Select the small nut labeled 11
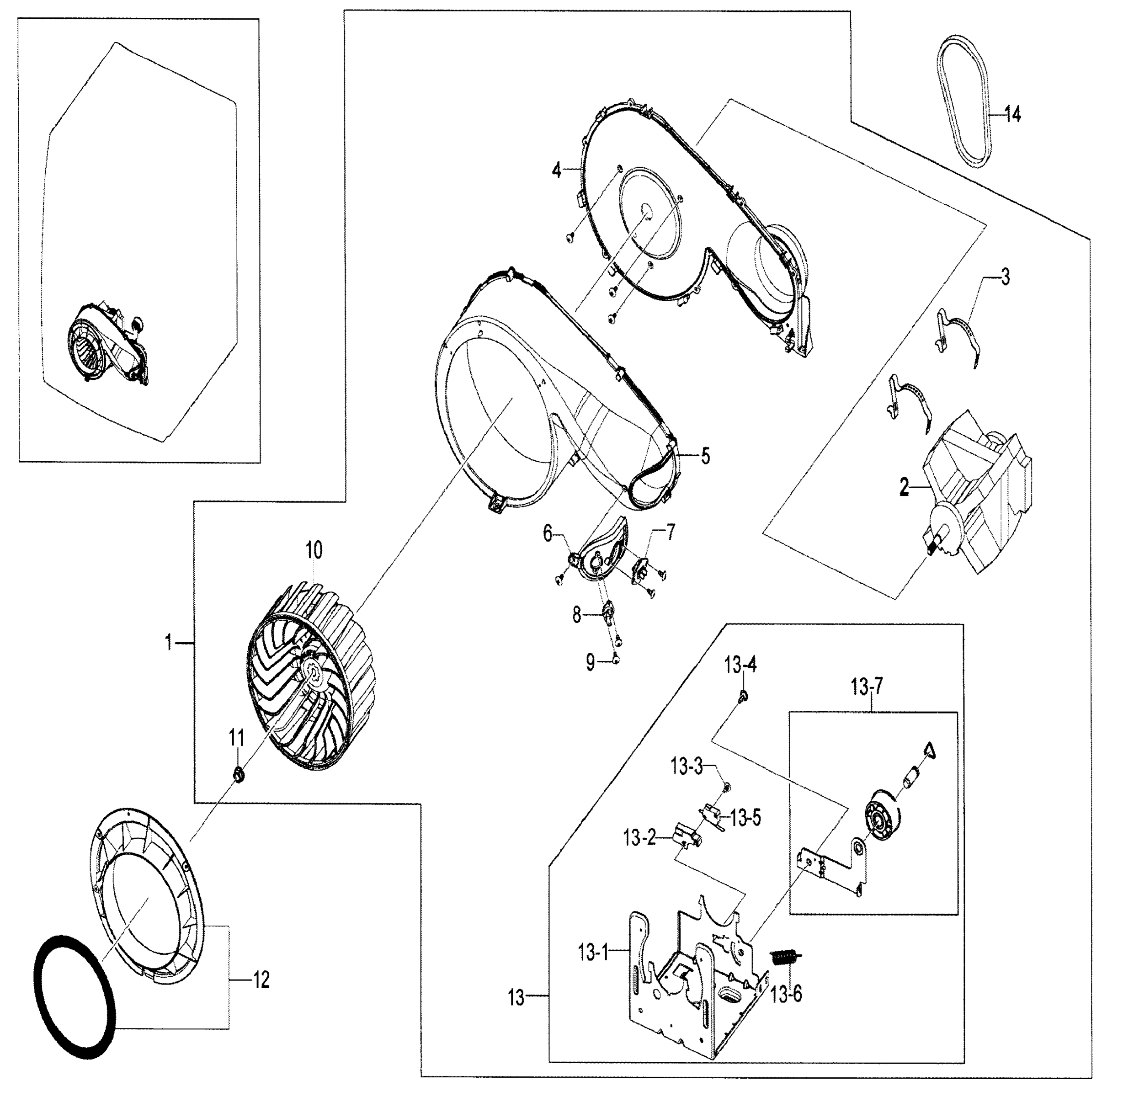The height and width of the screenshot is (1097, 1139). pos(238,774)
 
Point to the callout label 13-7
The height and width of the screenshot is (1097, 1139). pos(867,688)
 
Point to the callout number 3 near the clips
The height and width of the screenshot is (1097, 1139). pos(1005,277)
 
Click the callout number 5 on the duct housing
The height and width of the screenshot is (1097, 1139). pos(705,456)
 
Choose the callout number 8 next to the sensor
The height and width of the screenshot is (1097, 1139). pos(576,615)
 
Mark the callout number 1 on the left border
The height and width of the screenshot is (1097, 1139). pos(169,643)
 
